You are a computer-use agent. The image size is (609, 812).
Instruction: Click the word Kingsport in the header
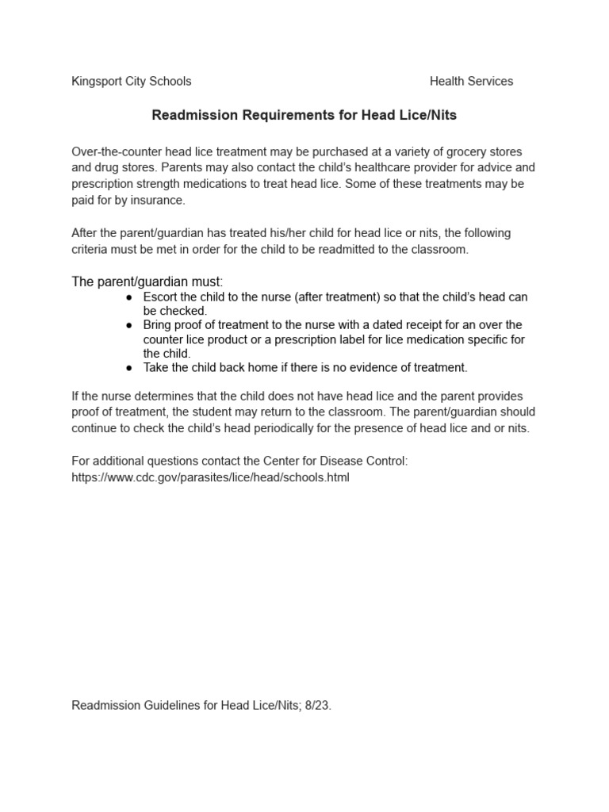point(97,82)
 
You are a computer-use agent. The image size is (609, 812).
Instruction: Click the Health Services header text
point(471,82)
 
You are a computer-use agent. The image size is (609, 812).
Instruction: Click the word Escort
point(161,297)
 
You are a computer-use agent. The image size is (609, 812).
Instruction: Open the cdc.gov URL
point(210,477)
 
